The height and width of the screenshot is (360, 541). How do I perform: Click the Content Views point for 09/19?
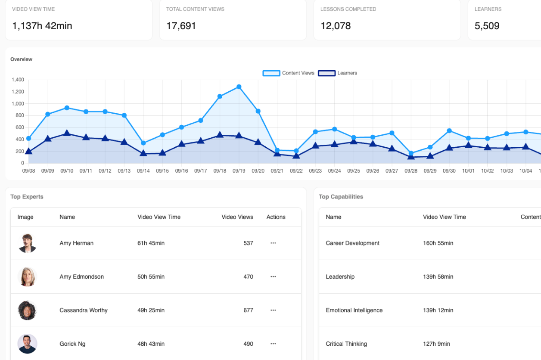click(x=239, y=87)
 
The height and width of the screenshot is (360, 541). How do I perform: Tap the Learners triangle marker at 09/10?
click(x=67, y=133)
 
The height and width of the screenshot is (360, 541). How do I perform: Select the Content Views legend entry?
click(x=289, y=73)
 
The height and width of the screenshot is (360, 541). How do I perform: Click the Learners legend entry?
click(x=338, y=73)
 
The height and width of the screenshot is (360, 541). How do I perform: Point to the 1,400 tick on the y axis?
click(x=18, y=80)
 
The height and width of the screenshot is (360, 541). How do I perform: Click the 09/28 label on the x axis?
click(x=411, y=171)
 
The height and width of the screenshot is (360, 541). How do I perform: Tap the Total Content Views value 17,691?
click(x=181, y=26)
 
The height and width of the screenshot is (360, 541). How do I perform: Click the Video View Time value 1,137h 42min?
click(x=42, y=26)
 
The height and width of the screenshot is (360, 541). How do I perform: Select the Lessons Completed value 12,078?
click(x=336, y=26)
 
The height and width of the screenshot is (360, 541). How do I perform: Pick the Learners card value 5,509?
click(x=487, y=26)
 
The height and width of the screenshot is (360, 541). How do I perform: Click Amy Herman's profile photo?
click(x=27, y=243)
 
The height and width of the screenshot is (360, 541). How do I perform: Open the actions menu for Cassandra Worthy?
click(x=273, y=310)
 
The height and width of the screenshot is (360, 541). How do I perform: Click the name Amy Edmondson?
click(x=81, y=277)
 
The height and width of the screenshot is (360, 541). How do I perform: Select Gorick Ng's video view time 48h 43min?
click(x=151, y=344)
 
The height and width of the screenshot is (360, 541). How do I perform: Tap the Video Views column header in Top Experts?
click(x=237, y=217)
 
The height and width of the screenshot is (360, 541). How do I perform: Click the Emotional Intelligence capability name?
click(x=354, y=310)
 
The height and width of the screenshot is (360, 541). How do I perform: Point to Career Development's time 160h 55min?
click(x=438, y=243)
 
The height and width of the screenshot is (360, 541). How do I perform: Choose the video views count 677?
click(x=248, y=310)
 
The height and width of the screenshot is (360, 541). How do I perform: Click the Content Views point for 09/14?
click(x=143, y=143)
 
